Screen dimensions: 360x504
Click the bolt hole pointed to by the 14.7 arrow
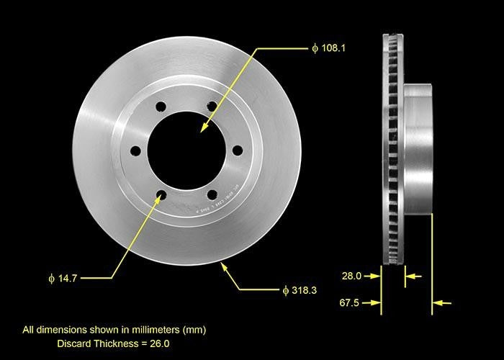click(161, 195)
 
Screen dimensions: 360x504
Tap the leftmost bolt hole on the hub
click(135, 150)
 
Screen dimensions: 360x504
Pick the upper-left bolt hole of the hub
click(161, 107)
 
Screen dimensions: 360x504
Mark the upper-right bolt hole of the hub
click(212, 107)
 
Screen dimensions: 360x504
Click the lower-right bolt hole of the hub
click(212, 194)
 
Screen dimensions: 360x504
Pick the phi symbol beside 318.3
click(286, 290)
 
